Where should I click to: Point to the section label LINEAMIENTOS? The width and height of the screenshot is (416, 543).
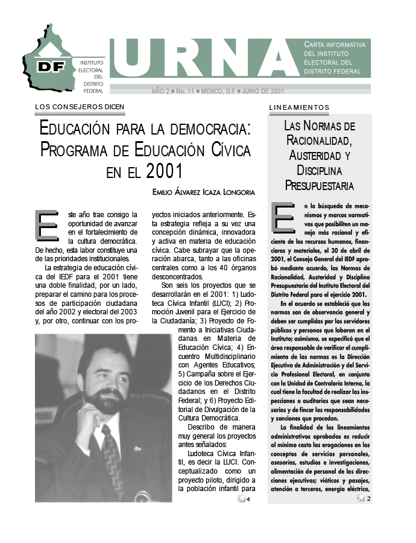click(298, 107)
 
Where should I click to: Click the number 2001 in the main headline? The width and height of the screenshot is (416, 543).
click(164, 171)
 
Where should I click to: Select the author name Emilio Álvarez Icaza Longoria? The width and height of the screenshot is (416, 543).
click(204, 192)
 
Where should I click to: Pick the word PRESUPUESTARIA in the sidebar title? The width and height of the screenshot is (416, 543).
click(320, 185)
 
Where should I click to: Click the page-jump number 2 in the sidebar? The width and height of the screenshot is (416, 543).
click(368, 498)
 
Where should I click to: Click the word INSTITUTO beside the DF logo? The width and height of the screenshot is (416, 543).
click(92, 62)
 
